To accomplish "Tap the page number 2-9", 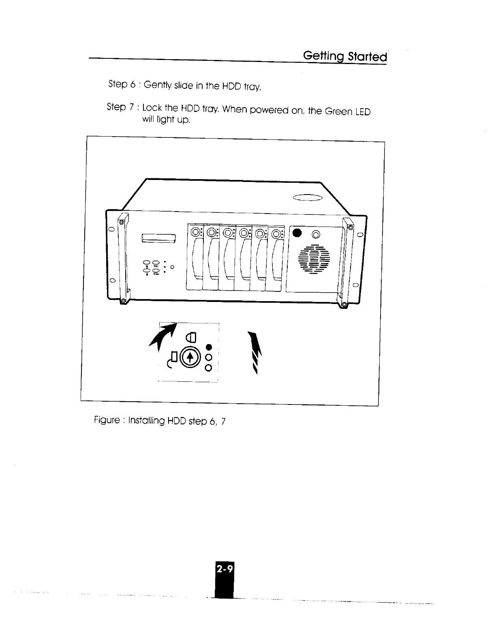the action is (224, 569).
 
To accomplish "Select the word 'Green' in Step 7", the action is (338, 111).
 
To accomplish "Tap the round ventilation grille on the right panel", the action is (314, 258).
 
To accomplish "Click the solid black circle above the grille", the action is (297, 233).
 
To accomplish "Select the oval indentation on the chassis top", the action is (307, 198).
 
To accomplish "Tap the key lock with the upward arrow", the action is (190, 357).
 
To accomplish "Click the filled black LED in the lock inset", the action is (209, 347).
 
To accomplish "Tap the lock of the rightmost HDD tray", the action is (277, 233).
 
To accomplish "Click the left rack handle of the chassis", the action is (122, 259).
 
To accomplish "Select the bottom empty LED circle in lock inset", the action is (209, 368).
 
